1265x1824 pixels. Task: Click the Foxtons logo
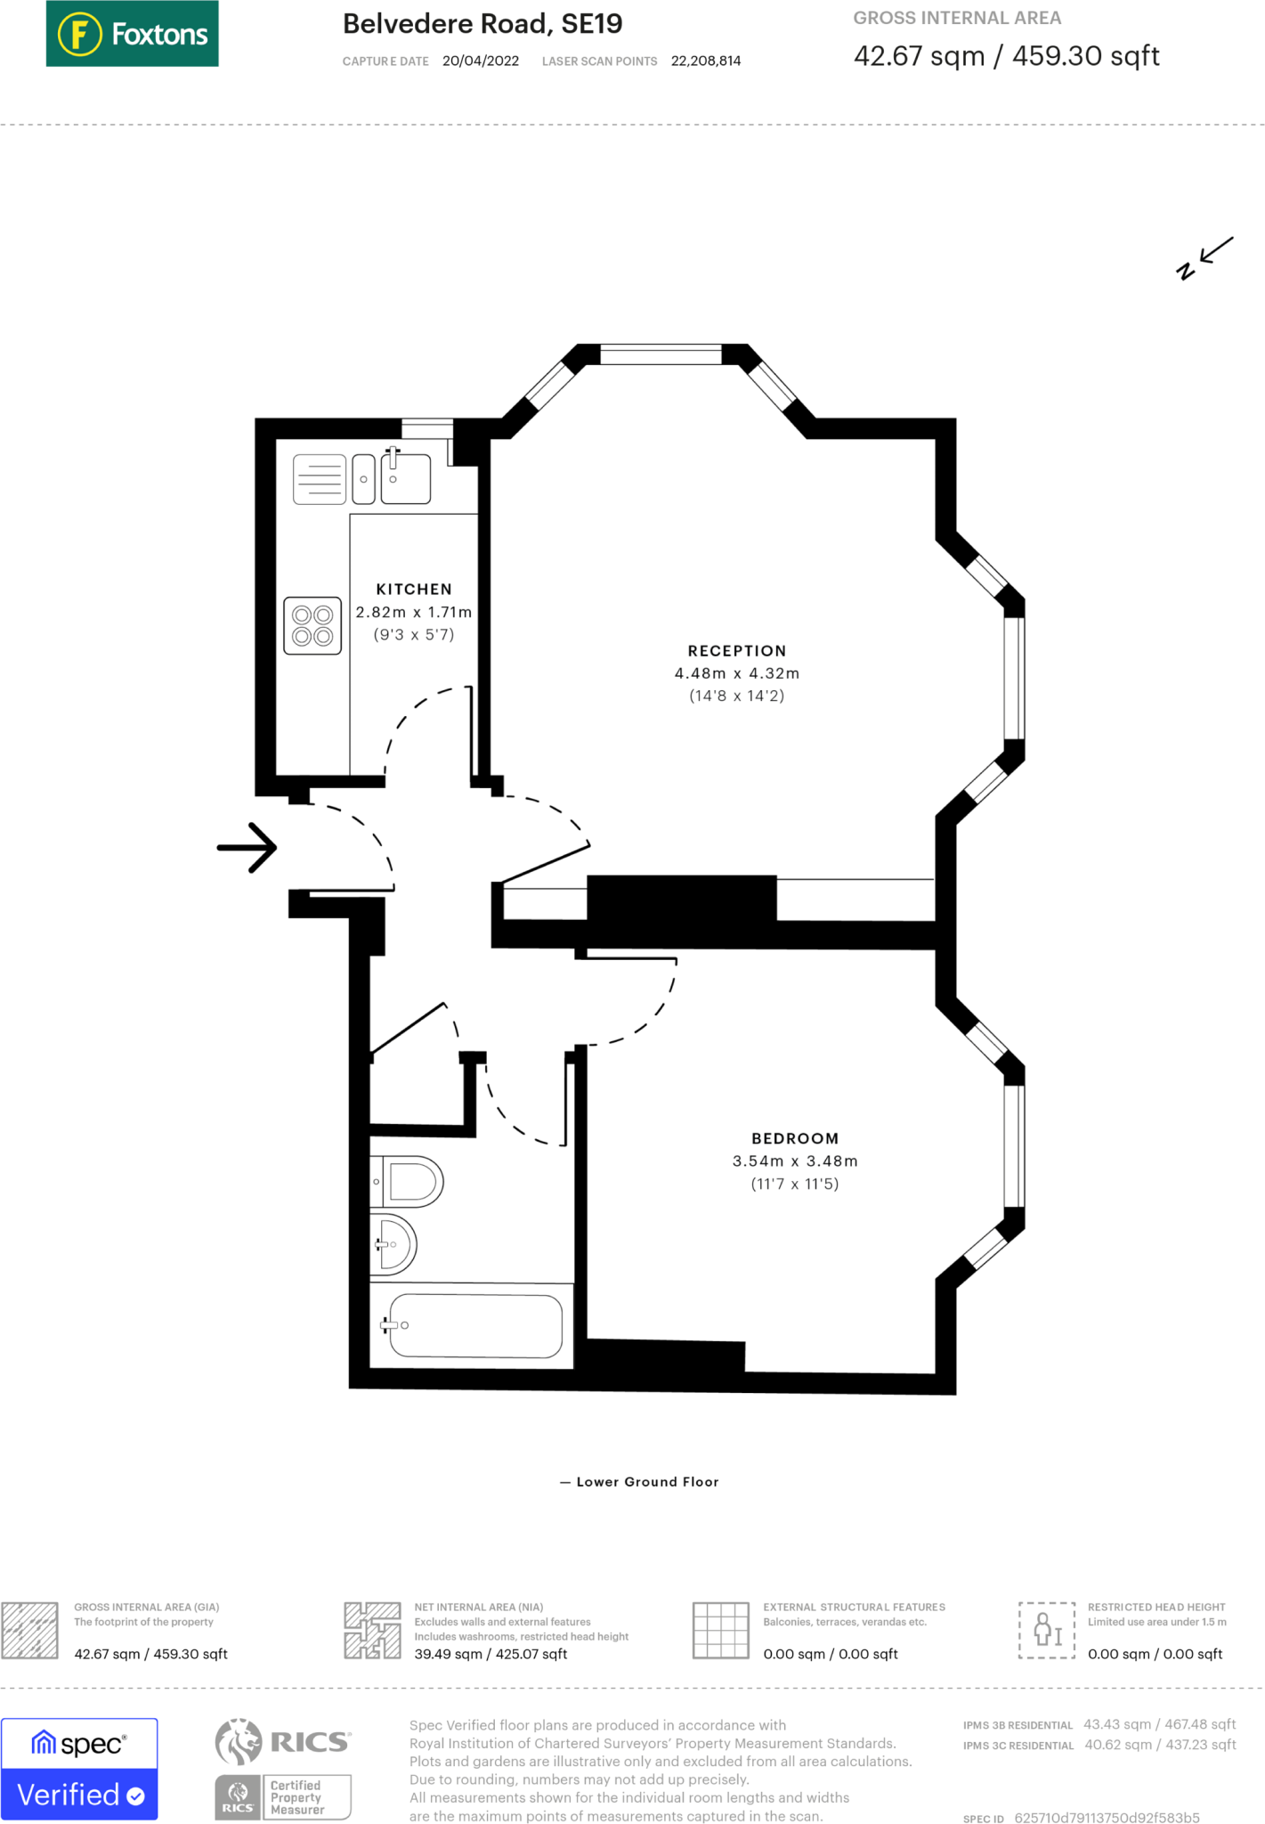pos(132,34)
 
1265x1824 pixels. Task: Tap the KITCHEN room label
pos(414,590)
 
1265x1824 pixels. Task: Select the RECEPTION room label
pos(737,651)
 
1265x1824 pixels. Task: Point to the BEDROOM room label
pos(795,1138)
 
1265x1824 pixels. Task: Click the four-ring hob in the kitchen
pos(312,625)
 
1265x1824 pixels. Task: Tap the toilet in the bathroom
pos(407,1182)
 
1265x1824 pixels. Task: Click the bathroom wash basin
pos(394,1244)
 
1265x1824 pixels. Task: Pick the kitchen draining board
pos(320,479)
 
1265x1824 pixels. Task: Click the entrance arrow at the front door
pos(247,847)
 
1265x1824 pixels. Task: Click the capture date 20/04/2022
pos(481,61)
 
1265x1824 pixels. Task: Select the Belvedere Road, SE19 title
pos(482,24)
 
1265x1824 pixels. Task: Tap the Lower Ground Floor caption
pos(647,1482)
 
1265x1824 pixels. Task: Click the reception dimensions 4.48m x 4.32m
pos(737,673)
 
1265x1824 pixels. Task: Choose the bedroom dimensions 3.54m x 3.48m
pos(795,1161)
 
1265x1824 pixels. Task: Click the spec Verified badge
pos(79,1769)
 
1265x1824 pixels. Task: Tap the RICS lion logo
pos(239,1741)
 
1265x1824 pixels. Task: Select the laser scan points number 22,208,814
pos(706,61)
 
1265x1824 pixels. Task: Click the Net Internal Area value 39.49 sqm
pos(449,1654)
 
